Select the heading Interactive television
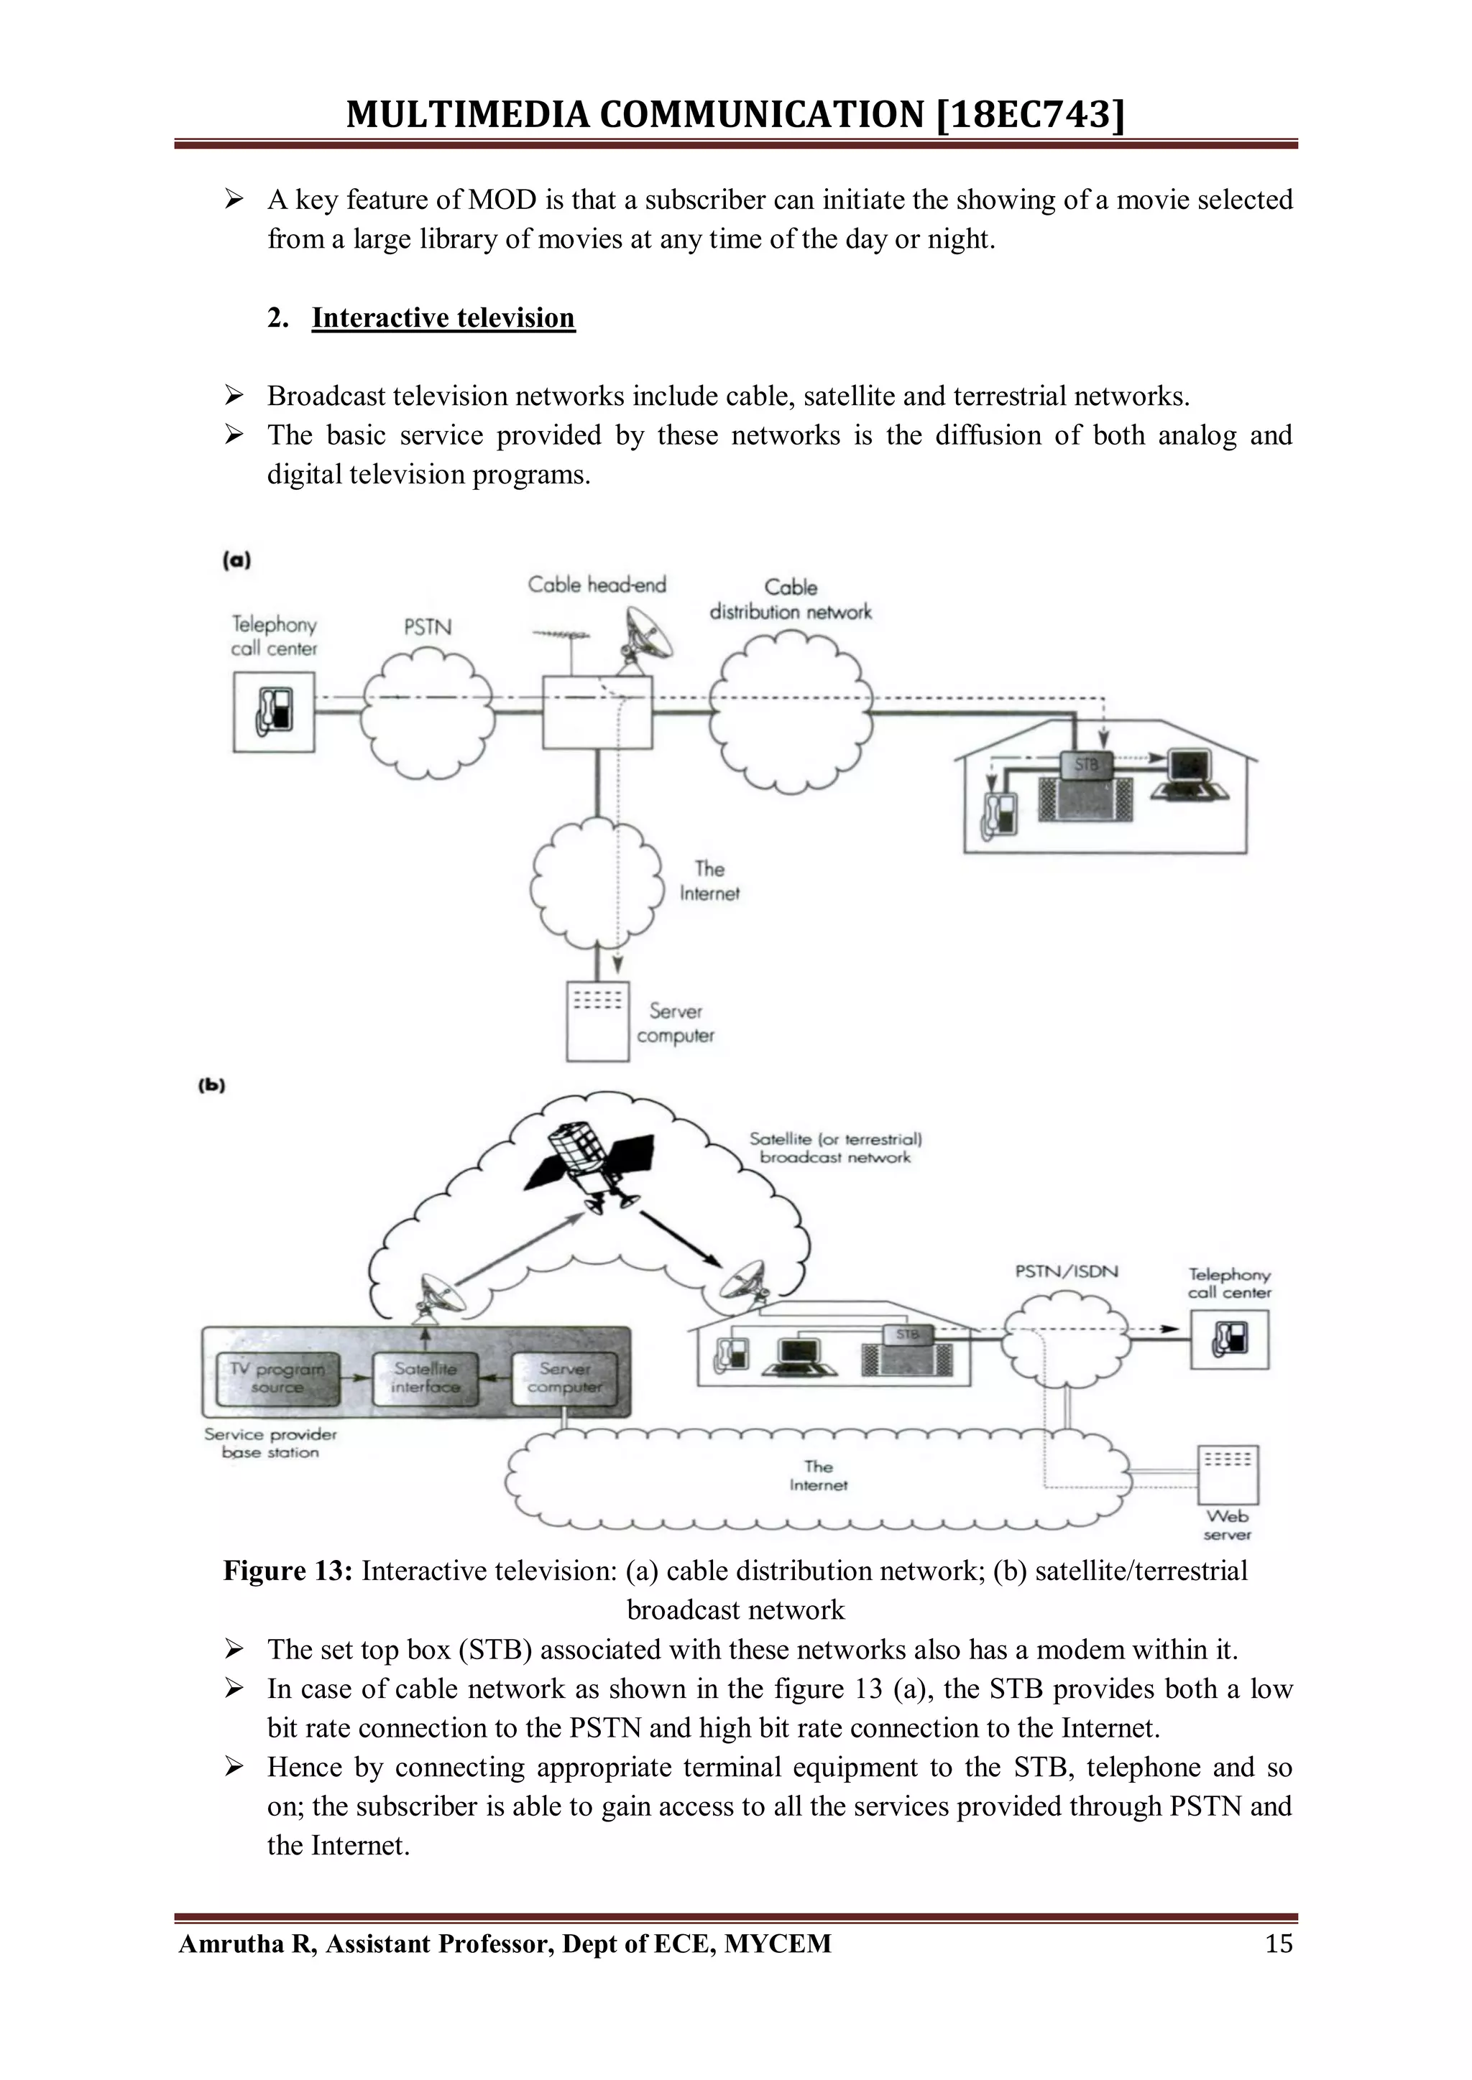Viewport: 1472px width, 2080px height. coord(443,318)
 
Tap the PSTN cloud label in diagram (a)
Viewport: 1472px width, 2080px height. coord(427,627)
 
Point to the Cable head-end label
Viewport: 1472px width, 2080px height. coord(597,585)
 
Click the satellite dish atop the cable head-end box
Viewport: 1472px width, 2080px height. coord(647,636)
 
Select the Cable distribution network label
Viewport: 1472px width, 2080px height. coord(791,600)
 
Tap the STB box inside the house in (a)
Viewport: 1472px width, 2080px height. coord(1086,766)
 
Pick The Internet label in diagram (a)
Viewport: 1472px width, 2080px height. coord(709,881)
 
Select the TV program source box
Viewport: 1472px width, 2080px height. coord(278,1378)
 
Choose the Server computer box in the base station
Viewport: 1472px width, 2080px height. coord(563,1378)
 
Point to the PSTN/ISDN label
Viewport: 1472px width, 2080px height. coord(1066,1271)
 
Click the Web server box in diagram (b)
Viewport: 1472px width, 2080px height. coord(1228,1473)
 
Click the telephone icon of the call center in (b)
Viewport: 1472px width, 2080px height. coord(1229,1338)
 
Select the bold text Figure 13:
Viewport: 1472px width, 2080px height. coord(287,1571)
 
